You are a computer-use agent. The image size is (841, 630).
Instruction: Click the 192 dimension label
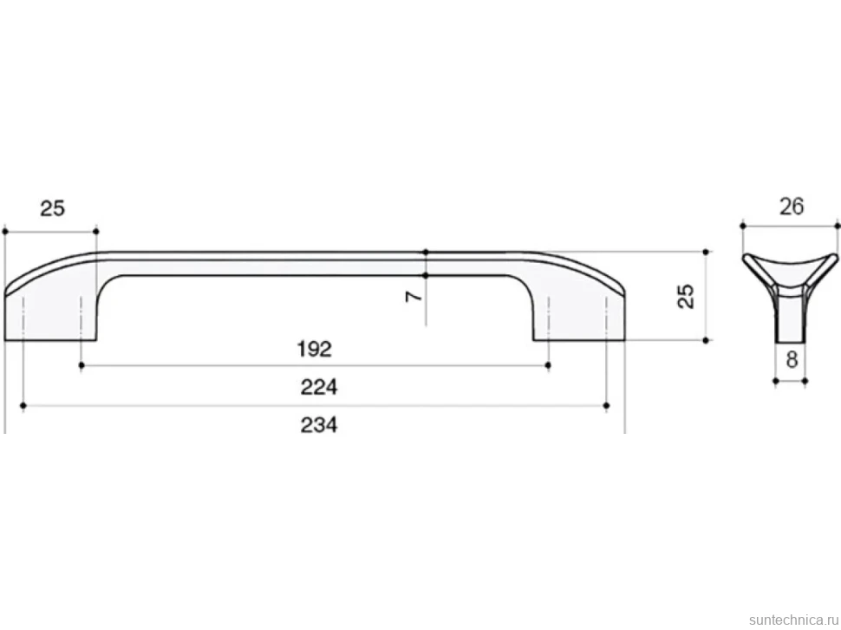(315, 350)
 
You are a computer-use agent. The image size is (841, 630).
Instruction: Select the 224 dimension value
(318, 387)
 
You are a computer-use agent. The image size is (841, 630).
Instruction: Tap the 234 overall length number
(318, 425)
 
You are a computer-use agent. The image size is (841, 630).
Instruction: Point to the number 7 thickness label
(414, 296)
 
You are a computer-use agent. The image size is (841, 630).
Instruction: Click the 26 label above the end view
(792, 207)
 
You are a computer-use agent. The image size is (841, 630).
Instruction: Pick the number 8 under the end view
(792, 360)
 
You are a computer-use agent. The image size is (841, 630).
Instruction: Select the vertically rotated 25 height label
(686, 296)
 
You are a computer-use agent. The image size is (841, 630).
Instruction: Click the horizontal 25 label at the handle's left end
(53, 208)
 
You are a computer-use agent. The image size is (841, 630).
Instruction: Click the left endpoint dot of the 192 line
(81, 365)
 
